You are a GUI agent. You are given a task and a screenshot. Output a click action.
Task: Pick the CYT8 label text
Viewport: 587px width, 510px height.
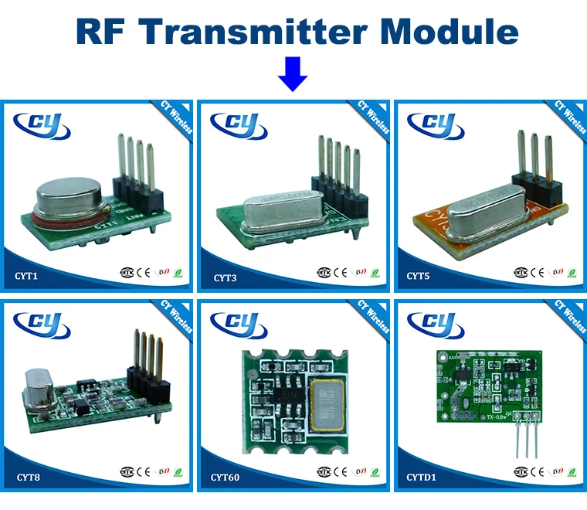point(27,476)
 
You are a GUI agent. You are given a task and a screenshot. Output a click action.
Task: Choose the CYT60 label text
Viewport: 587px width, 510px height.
point(226,477)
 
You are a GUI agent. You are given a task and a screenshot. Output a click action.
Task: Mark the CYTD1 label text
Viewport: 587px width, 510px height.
point(422,477)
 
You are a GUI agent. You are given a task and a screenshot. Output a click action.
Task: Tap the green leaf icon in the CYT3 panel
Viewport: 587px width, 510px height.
point(375,272)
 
